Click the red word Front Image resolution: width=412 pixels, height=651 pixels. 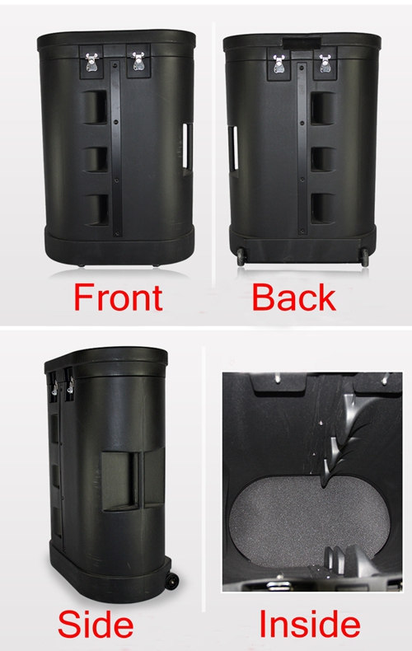tap(118, 297)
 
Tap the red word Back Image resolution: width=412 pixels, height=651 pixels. tap(293, 297)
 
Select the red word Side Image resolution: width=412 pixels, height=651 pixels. tap(96, 624)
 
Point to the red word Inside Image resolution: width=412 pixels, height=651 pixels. tap(310, 624)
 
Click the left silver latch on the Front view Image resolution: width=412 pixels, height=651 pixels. tap(91, 62)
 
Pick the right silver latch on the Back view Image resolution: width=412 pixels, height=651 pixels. tap(325, 63)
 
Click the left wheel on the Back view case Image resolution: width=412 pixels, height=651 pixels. tap(241, 257)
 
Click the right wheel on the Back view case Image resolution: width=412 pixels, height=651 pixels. tap(365, 257)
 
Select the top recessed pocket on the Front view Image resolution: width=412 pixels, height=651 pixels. tap(95, 107)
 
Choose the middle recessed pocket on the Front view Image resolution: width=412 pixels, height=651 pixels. tap(96, 158)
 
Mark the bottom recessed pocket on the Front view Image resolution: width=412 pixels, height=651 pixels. tap(97, 210)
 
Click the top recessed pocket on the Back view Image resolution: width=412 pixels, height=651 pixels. tap(323, 108)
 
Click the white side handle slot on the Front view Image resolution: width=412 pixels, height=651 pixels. tap(187, 145)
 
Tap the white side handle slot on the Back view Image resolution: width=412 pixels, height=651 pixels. tap(233, 148)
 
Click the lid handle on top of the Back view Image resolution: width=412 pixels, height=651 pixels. tap(302, 41)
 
